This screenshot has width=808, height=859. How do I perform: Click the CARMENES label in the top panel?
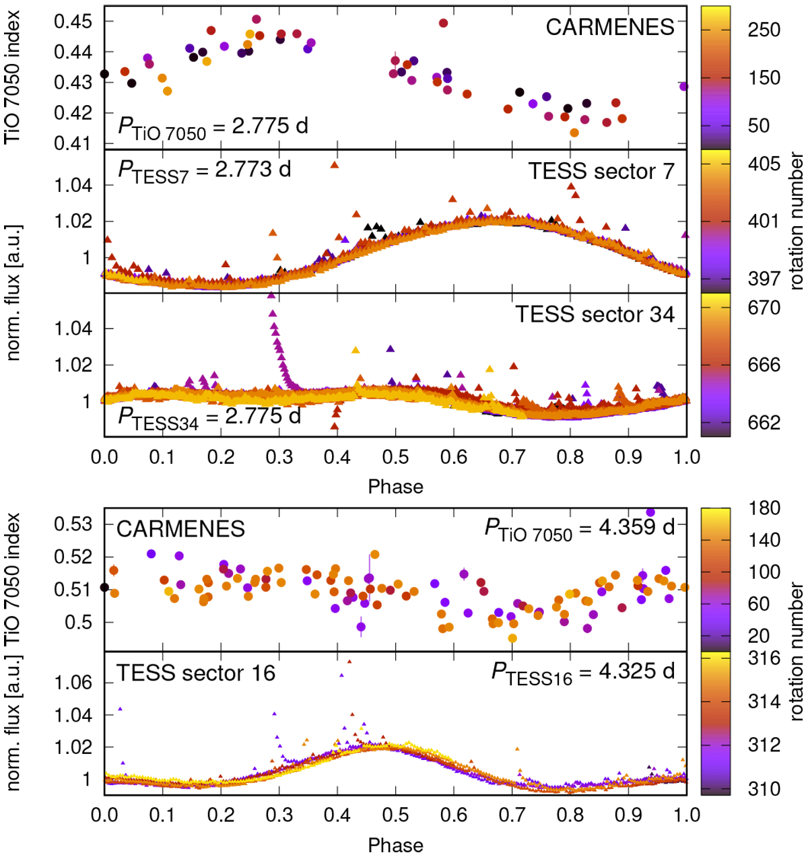pyautogui.click(x=609, y=27)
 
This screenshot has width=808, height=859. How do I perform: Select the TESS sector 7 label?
pyautogui.click(x=601, y=171)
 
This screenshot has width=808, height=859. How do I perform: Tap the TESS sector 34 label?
pyautogui.click(x=595, y=314)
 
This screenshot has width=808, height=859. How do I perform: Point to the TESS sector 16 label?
pyautogui.click(x=196, y=673)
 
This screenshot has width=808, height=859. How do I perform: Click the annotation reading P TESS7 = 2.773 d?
pyautogui.click(x=205, y=170)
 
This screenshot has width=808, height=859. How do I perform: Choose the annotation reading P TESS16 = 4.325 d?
pyautogui.click(x=582, y=673)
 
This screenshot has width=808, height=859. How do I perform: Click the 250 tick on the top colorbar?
pyautogui.click(x=764, y=30)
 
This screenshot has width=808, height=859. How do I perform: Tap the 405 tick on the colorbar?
pyautogui.click(x=764, y=164)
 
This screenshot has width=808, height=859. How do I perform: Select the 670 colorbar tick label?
pyautogui.click(x=764, y=308)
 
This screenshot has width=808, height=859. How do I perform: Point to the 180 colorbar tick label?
pyautogui.click(x=764, y=508)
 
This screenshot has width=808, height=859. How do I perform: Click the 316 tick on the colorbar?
pyautogui.click(x=764, y=658)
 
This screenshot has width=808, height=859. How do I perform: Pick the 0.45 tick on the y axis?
pyautogui.click(x=73, y=22)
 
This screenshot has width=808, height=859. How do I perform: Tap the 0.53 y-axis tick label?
pyautogui.click(x=73, y=524)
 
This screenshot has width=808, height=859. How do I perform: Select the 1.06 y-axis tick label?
pyautogui.click(x=73, y=683)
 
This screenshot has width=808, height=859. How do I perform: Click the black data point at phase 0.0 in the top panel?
pyautogui.click(x=104, y=74)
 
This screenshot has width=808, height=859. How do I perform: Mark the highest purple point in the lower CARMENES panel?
pyautogui.click(x=650, y=512)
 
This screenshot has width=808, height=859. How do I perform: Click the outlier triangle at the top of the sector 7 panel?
pyautogui.click(x=334, y=165)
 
